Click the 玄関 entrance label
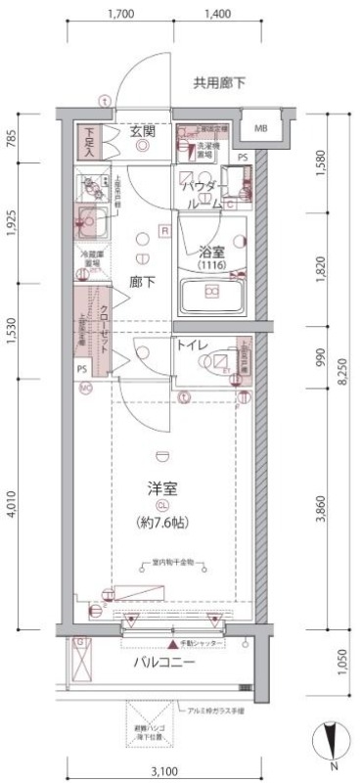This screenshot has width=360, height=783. (x=143, y=132)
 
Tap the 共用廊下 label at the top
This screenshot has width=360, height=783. (x=218, y=83)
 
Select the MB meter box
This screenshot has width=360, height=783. (x=261, y=128)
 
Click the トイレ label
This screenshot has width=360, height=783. (x=191, y=345)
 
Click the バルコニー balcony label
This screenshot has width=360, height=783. (x=164, y=663)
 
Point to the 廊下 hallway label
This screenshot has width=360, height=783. (x=143, y=282)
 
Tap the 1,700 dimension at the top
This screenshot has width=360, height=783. (x=121, y=15)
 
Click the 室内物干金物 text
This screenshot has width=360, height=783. (x=165, y=562)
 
